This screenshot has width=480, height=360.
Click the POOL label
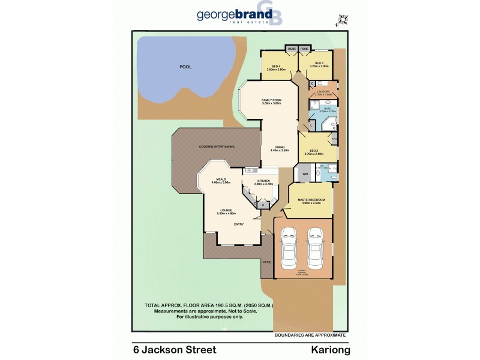185,67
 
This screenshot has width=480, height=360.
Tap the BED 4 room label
277,65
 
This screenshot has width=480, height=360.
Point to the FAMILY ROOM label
271,100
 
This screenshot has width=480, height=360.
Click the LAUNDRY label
323,92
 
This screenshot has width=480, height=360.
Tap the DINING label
280,147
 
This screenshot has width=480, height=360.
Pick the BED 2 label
313,151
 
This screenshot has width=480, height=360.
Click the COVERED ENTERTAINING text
217,146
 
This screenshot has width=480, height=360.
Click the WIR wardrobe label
305,174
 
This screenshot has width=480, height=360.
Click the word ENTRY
238,224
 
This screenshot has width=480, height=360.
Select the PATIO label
266,262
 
